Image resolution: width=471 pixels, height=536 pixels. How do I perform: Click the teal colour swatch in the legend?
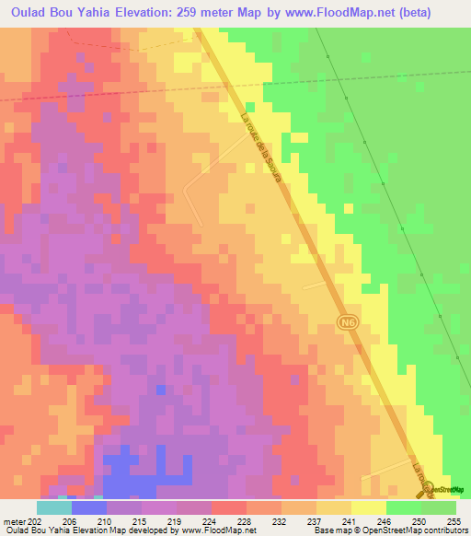[54, 507]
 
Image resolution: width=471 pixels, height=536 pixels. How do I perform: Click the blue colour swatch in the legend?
[89, 507]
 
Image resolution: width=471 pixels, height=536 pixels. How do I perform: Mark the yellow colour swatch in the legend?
[369, 507]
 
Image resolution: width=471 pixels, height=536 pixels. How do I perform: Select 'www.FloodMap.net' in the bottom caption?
[218, 530]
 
